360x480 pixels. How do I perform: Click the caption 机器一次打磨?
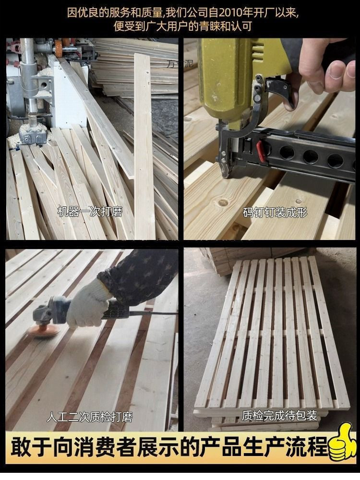90,212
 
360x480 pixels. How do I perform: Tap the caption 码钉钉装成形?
275,212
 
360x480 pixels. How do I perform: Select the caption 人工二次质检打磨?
90,417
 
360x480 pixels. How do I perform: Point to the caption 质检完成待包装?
279,415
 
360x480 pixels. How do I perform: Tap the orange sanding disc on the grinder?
43,331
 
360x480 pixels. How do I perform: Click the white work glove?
87,305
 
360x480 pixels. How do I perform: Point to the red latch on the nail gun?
261,151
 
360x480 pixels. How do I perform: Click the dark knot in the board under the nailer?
223,202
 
